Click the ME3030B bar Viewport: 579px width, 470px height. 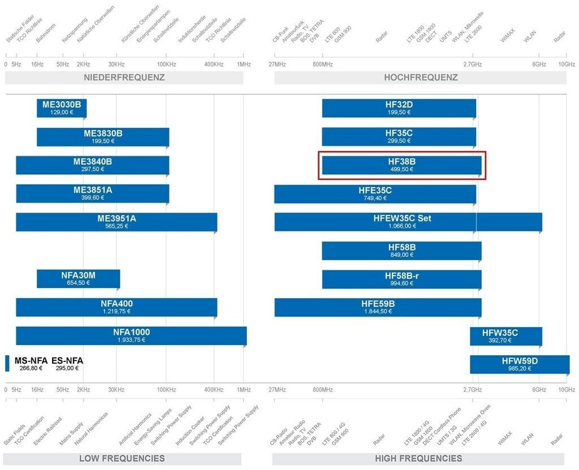pyautogui.click(x=62, y=108)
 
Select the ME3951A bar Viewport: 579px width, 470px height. pyautogui.click(x=116, y=222)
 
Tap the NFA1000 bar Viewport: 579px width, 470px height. pyautogui.click(x=131, y=335)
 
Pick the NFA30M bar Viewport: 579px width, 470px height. pyautogui.click(x=78, y=279)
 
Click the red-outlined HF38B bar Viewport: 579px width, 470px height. pyautogui.click(x=401, y=165)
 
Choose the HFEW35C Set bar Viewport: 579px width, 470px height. pyautogui.click(x=408, y=222)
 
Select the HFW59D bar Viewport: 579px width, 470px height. pyautogui.click(x=520, y=364)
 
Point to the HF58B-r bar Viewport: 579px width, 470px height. pyautogui.click(x=401, y=279)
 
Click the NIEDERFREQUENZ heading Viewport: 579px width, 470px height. pyautogui.click(x=124, y=77)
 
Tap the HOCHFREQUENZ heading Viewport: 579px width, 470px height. pyautogui.click(x=421, y=77)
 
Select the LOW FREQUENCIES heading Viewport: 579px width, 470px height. pyautogui.click(x=122, y=458)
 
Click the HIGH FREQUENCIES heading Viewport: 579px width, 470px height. pyautogui.click(x=418, y=458)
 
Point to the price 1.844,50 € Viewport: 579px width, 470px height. pyautogui.click(x=378, y=311)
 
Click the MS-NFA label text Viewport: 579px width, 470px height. pyautogui.click(x=31, y=360)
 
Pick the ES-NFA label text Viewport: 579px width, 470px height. pyautogui.click(x=67, y=360)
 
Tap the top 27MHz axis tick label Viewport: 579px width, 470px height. pyautogui.click(x=277, y=64)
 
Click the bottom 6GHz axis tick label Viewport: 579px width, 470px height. pyautogui.click(x=539, y=390)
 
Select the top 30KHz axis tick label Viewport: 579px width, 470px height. pyautogui.click(x=116, y=64)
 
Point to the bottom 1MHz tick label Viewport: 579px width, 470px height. pyautogui.click(x=244, y=390)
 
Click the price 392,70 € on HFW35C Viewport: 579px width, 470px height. pyautogui.click(x=500, y=340)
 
